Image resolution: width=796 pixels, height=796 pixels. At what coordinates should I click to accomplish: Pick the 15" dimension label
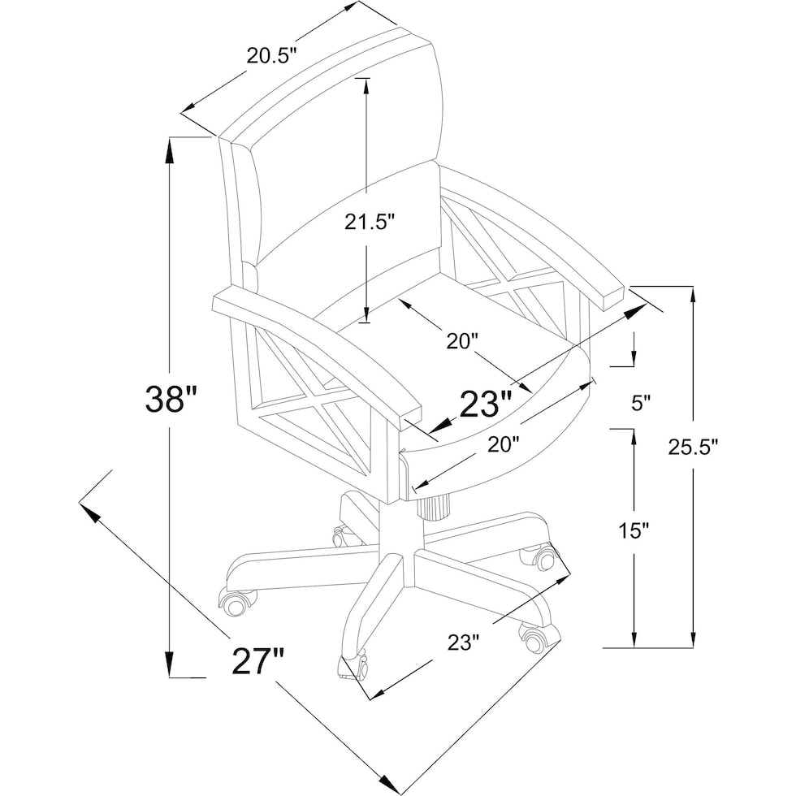tap(634, 531)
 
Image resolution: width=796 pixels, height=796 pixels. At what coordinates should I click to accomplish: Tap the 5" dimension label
tap(641, 403)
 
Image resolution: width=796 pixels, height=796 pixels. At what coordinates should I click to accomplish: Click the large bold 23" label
tap(487, 404)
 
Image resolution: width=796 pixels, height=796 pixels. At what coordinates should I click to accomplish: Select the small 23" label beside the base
tap(465, 642)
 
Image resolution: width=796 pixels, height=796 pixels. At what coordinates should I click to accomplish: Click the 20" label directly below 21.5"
tap(465, 341)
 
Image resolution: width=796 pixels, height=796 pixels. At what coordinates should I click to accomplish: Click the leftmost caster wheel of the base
tap(235, 602)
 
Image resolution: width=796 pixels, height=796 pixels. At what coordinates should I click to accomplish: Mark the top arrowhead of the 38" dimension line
tap(170, 146)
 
